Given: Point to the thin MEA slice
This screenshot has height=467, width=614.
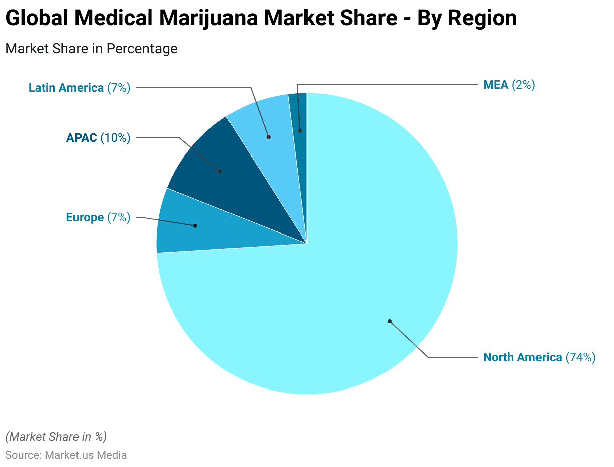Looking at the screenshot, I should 298,116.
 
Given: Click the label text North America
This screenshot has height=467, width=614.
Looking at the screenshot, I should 522,357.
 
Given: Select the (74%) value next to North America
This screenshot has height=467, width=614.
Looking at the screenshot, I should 580,357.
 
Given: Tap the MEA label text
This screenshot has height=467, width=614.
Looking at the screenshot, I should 496,85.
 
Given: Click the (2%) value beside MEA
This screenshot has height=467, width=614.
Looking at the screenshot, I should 523,85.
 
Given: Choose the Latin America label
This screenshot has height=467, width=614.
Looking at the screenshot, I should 66,88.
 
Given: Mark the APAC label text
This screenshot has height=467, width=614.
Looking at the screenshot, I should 82,137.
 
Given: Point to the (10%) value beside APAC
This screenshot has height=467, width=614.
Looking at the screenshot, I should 115,137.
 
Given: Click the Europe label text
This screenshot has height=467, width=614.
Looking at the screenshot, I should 85,217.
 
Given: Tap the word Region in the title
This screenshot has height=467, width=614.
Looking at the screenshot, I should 482,18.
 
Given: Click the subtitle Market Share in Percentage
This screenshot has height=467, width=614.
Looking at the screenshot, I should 91,49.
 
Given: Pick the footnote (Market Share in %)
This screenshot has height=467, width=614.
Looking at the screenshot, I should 56,436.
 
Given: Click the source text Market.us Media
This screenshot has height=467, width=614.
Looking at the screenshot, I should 86,455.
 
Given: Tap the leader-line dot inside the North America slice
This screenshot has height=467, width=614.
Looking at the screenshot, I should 390,321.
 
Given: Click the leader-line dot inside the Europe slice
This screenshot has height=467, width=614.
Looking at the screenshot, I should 195,226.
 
